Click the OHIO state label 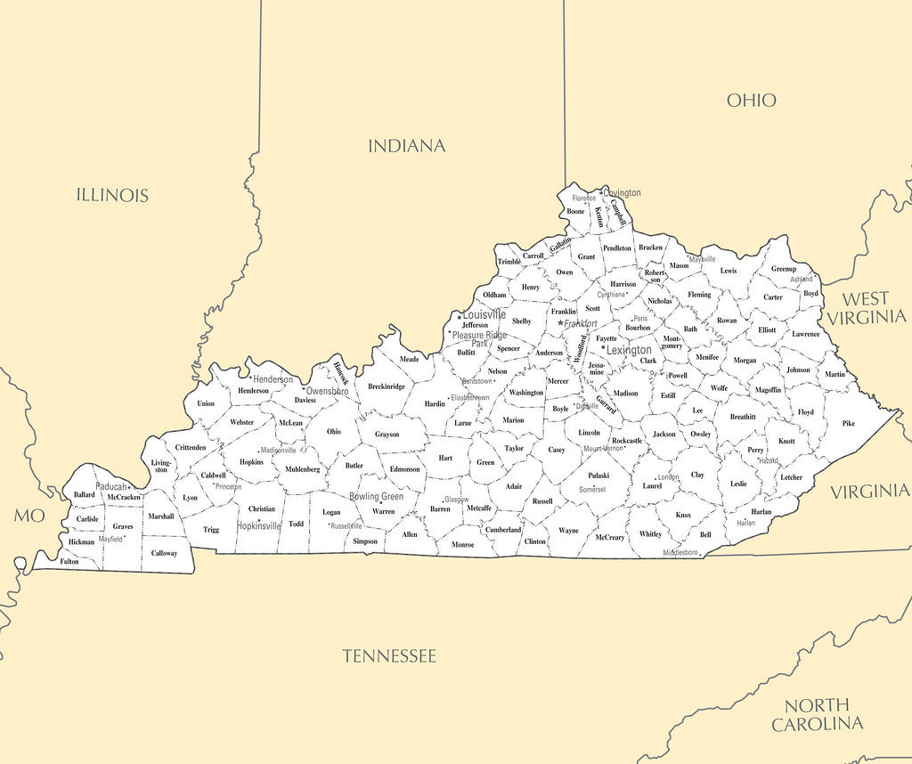click(x=751, y=100)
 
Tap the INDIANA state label click(x=406, y=145)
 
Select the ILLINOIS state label click(x=112, y=195)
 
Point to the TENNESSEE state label click(x=389, y=656)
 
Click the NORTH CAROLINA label click(x=817, y=714)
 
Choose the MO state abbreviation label click(x=28, y=516)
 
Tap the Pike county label click(x=848, y=424)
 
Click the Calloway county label click(x=164, y=553)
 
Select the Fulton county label click(x=69, y=562)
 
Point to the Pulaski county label click(x=598, y=475)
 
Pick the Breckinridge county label click(x=387, y=386)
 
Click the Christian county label click(x=262, y=509)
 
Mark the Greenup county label click(x=784, y=269)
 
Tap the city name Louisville click(x=484, y=315)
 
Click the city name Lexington click(x=629, y=351)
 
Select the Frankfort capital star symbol click(x=560, y=323)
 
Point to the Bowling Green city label click(x=376, y=497)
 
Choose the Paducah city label click(x=111, y=487)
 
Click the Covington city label click(x=623, y=193)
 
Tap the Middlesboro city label click(x=680, y=553)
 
